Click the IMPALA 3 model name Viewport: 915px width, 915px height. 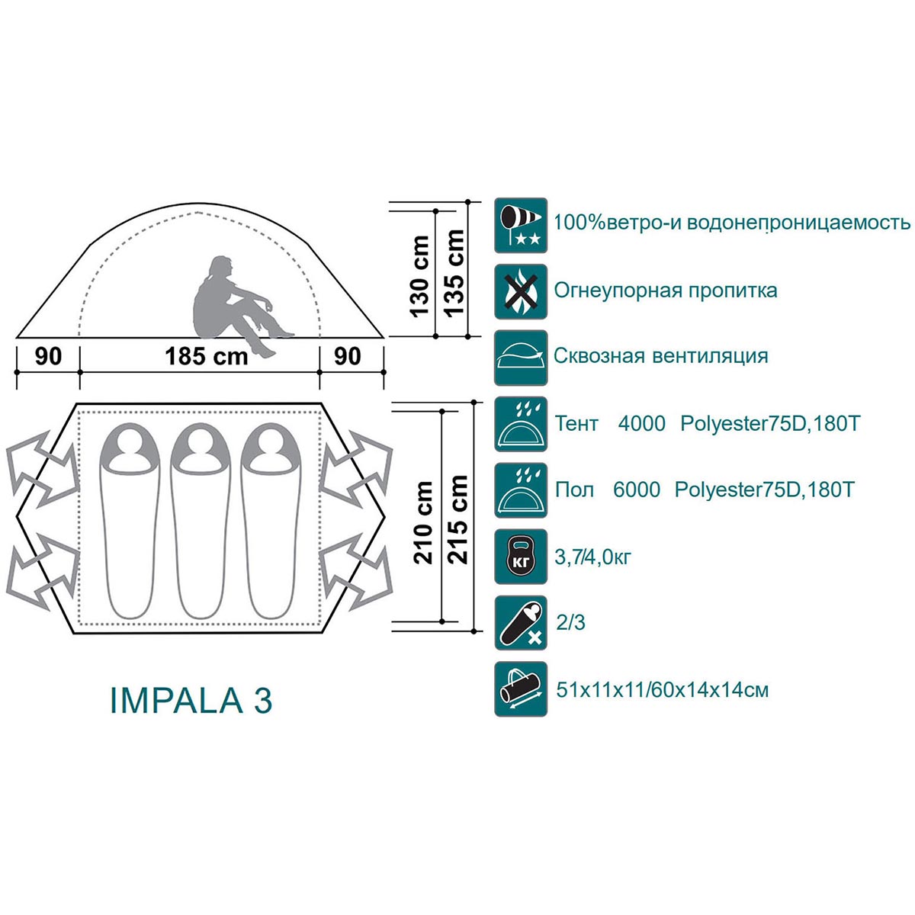click(x=191, y=701)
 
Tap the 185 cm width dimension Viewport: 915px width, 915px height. click(x=207, y=357)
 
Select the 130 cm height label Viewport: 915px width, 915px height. click(x=419, y=275)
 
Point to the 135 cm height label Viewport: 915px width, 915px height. click(x=454, y=273)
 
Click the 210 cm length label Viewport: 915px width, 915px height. click(x=424, y=522)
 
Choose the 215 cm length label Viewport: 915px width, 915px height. click(x=459, y=518)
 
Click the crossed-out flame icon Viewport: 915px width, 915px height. click(x=521, y=291)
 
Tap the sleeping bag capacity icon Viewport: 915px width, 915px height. click(x=521, y=623)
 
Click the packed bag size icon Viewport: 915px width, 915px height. click(x=521, y=689)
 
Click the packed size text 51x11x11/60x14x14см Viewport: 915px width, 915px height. click(x=661, y=691)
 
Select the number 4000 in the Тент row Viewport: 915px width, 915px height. click(x=641, y=423)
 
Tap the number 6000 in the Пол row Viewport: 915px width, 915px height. click(x=637, y=490)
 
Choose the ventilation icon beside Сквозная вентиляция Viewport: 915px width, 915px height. click(x=521, y=357)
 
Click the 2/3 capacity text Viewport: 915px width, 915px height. click(x=571, y=624)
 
